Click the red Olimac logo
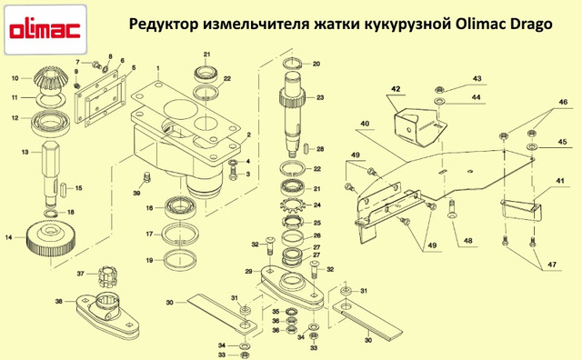(45, 30)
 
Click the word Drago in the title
(531, 25)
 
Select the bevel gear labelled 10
(50, 79)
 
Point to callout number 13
(25, 152)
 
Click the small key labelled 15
(64, 188)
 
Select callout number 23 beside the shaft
(320, 97)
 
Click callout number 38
(58, 301)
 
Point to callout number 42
(396, 89)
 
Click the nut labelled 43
(439, 89)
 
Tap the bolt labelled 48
(452, 209)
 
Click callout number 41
(560, 181)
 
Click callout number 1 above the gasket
(157, 68)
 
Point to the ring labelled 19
(180, 260)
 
